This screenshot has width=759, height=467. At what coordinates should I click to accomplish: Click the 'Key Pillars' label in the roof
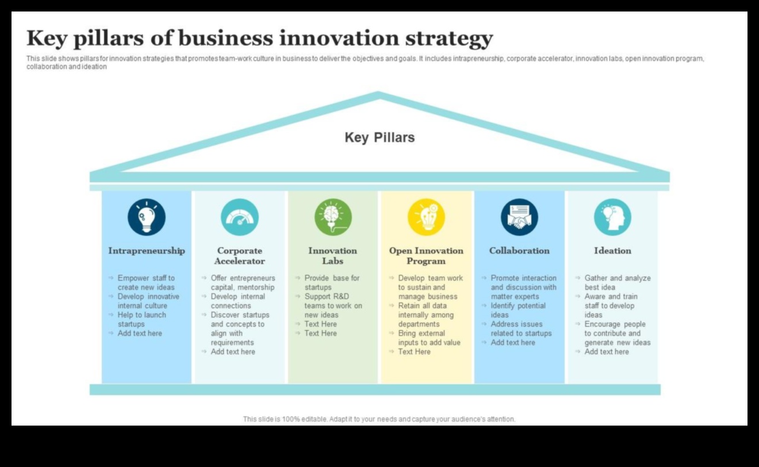(x=379, y=137)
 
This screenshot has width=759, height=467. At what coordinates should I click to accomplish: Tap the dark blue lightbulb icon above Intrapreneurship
(x=147, y=217)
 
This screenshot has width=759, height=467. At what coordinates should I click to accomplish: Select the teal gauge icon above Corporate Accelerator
(x=240, y=217)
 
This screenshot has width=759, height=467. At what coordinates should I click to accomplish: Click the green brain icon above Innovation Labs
(x=333, y=217)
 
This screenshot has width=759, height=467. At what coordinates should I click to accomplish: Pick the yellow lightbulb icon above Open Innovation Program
(x=426, y=217)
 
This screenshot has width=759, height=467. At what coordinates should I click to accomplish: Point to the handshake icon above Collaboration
(x=519, y=217)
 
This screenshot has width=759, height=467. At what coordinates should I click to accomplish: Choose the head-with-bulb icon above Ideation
(x=612, y=217)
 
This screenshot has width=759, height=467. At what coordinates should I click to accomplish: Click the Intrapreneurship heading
(x=147, y=251)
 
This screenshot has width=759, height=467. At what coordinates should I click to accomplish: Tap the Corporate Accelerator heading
(x=240, y=256)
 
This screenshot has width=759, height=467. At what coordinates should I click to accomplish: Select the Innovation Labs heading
(x=333, y=256)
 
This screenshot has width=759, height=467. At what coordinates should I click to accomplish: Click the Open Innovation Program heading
(x=426, y=256)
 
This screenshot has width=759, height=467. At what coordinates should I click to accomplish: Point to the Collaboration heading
(x=519, y=251)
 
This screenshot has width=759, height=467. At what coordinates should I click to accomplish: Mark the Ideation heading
(x=612, y=251)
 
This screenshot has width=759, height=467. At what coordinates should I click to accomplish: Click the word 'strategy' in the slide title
(x=449, y=39)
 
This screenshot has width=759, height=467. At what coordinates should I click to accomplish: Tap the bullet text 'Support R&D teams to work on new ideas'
(x=333, y=306)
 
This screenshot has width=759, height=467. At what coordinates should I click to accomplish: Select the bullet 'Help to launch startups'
(x=141, y=320)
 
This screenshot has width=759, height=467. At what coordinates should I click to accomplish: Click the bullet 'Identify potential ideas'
(x=518, y=311)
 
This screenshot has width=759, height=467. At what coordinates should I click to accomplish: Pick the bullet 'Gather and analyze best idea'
(x=618, y=282)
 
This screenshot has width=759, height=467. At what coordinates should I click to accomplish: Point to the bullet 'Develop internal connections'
(x=237, y=301)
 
